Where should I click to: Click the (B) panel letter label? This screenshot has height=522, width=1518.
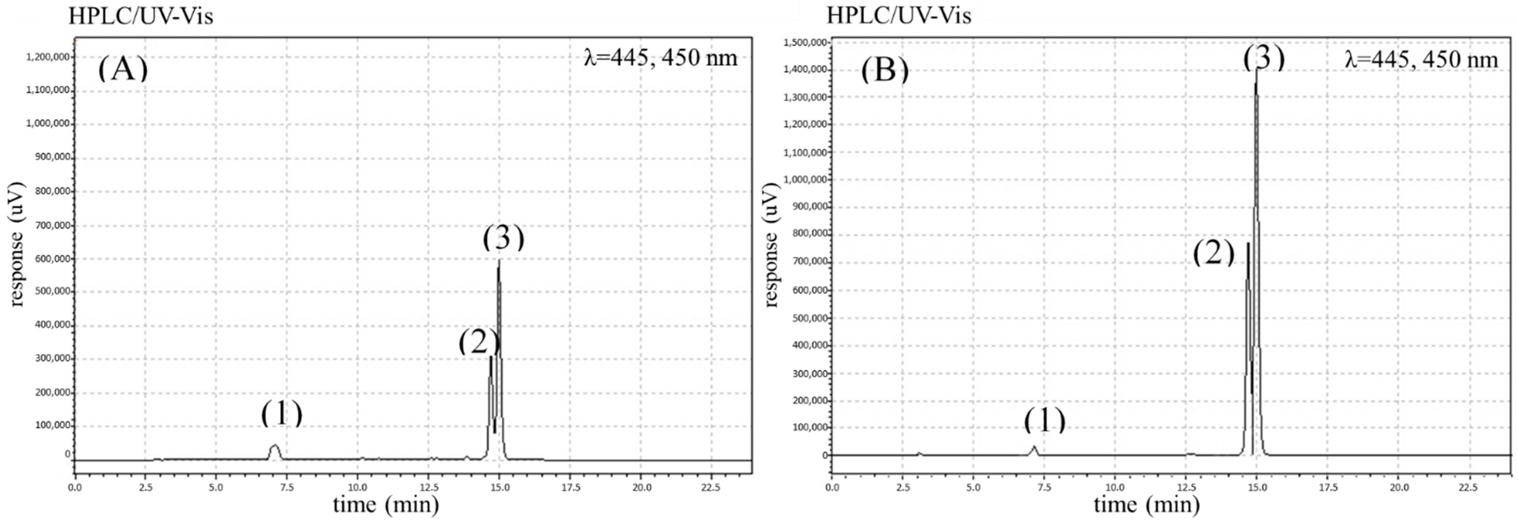coord(884,71)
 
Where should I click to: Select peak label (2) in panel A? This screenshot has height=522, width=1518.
coord(478,342)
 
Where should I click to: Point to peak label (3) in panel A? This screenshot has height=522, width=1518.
coord(503,238)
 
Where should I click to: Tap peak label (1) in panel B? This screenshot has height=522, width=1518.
coord(1044,420)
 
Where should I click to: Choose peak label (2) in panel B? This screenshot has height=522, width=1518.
coord(1213,253)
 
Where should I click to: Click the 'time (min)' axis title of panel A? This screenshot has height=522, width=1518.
coord(386,505)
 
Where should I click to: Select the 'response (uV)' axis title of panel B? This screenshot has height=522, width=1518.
coord(771,245)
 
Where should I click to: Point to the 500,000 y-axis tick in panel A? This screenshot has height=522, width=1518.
coord(50,291)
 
